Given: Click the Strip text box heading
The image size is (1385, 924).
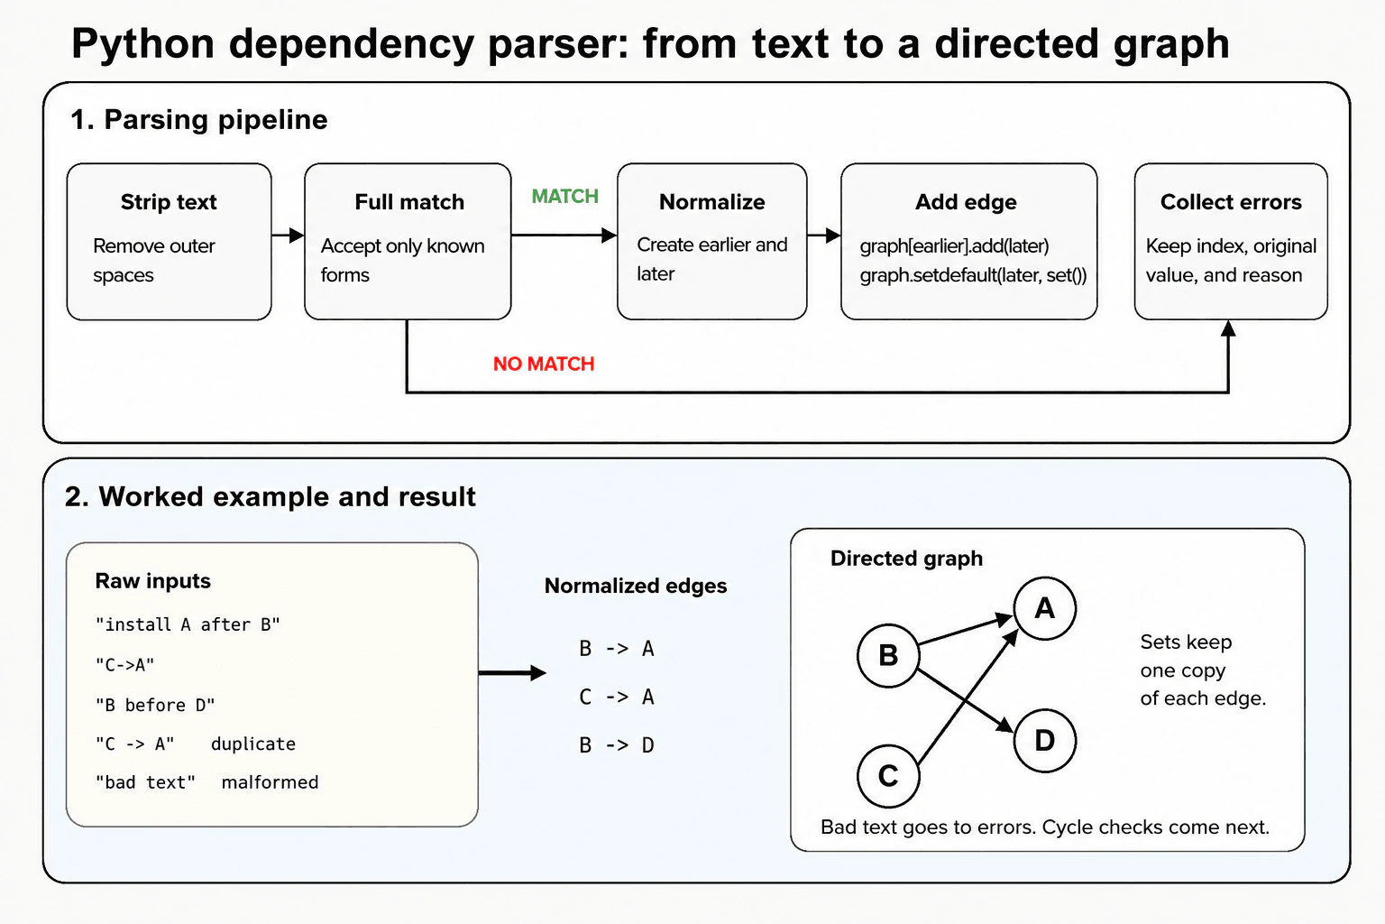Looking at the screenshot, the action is tap(169, 202).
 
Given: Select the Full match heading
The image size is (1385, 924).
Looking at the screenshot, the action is tap(409, 202).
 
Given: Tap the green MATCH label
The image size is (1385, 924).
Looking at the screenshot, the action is tap(565, 196).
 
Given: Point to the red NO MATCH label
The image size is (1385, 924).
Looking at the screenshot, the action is tap(544, 364).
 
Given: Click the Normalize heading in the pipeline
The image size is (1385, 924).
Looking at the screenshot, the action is tap(711, 202).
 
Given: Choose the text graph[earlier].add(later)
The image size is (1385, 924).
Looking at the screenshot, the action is tap(954, 245).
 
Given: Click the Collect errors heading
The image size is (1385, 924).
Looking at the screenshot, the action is tap(1231, 202).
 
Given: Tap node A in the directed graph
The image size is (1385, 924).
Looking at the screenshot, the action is tap(1045, 608).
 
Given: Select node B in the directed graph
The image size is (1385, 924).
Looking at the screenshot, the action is tap(888, 655).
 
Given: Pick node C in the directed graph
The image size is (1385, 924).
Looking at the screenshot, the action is tap(888, 776).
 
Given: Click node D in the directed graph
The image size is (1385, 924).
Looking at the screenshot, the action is tap(1045, 741).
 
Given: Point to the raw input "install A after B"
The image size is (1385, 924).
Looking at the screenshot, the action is tap(188, 624).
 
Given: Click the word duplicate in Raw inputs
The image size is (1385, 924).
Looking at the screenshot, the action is tap(252, 744).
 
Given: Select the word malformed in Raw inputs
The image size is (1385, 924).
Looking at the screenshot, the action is tap(270, 782).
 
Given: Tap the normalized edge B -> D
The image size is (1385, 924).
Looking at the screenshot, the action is tap(617, 745).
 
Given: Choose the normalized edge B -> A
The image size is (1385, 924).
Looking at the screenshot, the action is tap(617, 649).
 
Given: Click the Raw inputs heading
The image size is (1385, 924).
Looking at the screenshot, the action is tap(152, 581).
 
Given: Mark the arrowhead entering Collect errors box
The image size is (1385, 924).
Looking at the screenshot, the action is tap(1229, 328).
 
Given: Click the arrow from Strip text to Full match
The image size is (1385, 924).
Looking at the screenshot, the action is tap(288, 236).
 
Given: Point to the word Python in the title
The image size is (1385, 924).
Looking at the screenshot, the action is tap(142, 44).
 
